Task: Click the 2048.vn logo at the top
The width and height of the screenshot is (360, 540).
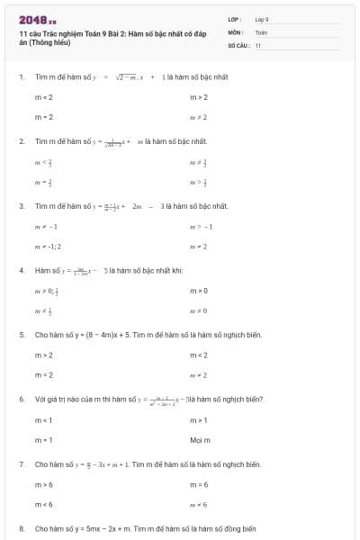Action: (37, 19)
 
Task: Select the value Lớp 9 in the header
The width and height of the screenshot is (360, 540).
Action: (262, 19)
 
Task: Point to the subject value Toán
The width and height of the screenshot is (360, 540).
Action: (261, 31)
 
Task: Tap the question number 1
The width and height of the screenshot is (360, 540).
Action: (21, 77)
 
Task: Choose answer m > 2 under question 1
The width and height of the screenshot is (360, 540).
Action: (199, 97)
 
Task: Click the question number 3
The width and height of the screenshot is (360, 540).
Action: (21, 206)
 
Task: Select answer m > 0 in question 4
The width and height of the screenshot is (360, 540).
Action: (199, 291)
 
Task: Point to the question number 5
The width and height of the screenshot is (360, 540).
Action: (21, 335)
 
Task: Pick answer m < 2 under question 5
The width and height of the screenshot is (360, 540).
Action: (199, 355)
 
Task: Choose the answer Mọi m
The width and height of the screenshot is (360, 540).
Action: (200, 439)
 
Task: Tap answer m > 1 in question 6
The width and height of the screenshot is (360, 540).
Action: (199, 419)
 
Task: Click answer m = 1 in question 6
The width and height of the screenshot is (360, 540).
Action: (44, 439)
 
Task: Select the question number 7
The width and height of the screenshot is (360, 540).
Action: (21, 464)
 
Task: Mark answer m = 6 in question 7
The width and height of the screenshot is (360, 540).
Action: (199, 484)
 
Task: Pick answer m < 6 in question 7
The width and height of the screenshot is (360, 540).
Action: (44, 504)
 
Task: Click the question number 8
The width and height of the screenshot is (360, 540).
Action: (21, 529)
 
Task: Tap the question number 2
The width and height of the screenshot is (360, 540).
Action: (21, 141)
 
